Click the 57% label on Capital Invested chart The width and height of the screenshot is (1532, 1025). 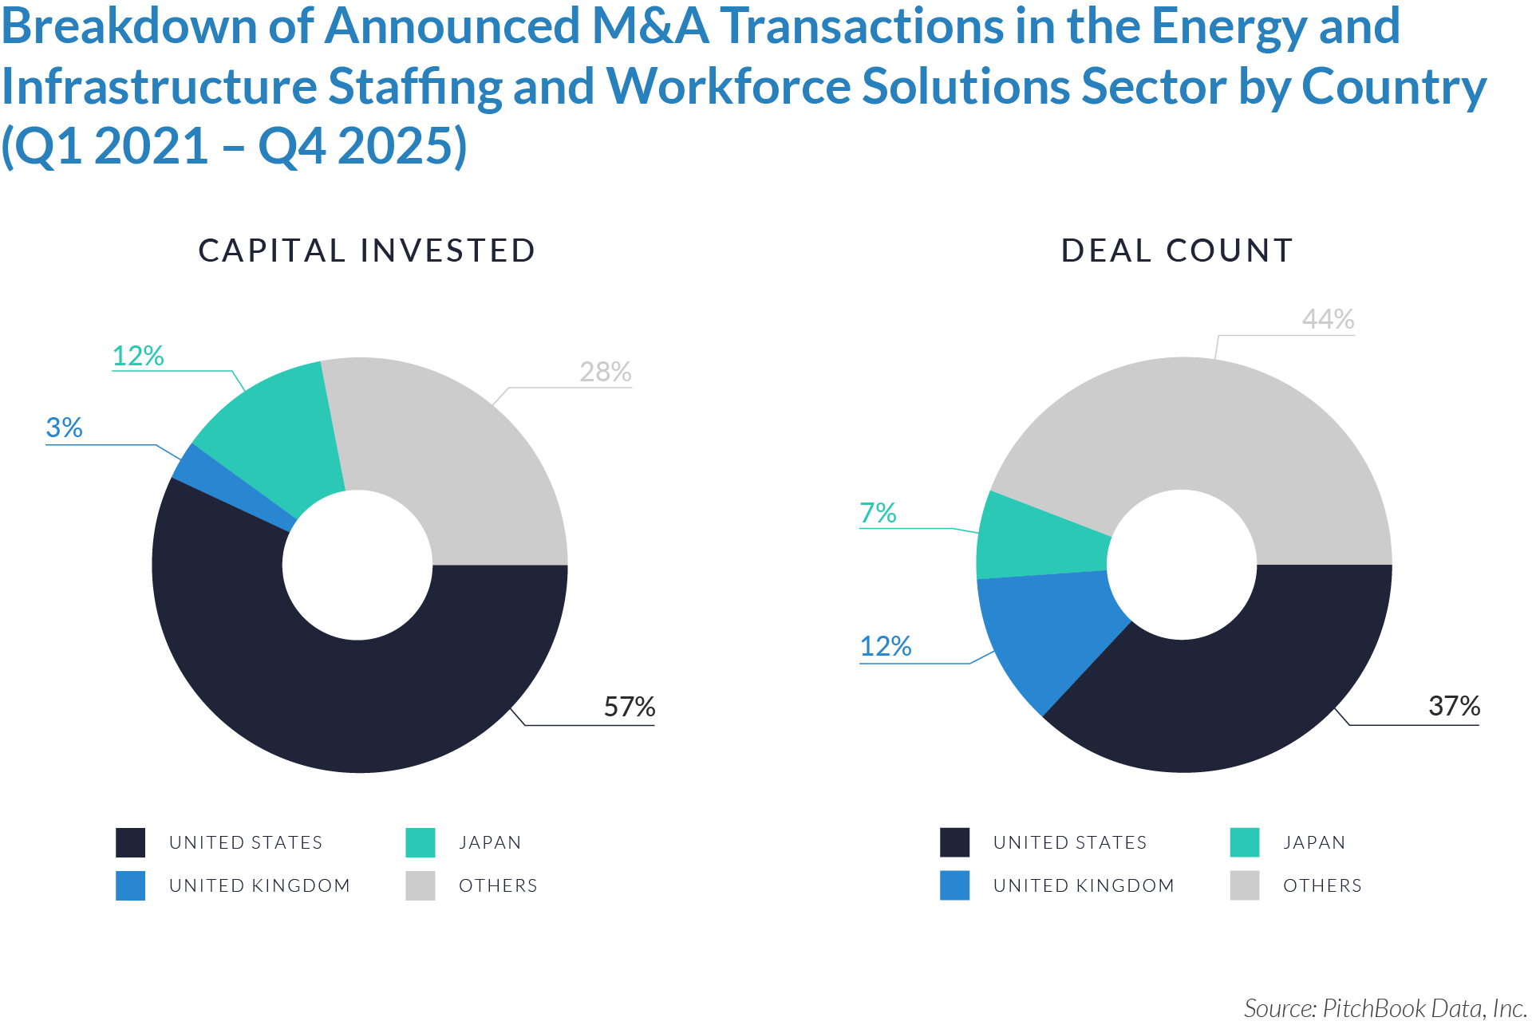(x=629, y=707)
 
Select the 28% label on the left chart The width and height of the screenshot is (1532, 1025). (x=605, y=372)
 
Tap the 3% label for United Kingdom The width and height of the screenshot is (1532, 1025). (x=65, y=428)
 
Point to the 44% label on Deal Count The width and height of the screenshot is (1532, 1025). (x=1328, y=319)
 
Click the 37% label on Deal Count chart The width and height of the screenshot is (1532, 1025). (x=1454, y=706)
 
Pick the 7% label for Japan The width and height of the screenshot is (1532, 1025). (x=878, y=513)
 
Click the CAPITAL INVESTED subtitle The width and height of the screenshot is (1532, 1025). (x=366, y=250)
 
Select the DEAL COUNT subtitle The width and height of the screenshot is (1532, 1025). (x=1176, y=250)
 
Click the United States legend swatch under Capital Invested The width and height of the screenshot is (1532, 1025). (x=130, y=842)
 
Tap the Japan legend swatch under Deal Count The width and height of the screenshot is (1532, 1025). (x=1244, y=842)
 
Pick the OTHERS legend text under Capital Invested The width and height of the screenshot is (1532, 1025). (x=498, y=885)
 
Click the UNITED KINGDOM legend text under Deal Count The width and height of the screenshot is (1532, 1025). (x=1084, y=885)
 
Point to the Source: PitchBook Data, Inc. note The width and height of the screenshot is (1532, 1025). (x=1384, y=1008)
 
